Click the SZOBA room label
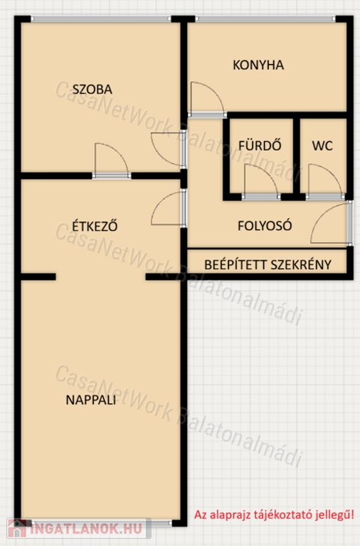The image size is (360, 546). click(x=92, y=90)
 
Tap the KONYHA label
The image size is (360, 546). click(x=258, y=65)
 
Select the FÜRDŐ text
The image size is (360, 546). click(x=260, y=145)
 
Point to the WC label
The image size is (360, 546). click(x=322, y=146)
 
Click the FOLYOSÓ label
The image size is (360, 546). click(x=265, y=225)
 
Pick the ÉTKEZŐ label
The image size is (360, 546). click(x=95, y=225)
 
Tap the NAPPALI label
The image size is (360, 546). click(x=90, y=400)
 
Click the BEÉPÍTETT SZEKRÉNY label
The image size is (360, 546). click(x=268, y=264)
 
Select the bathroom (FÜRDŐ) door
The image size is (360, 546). click(x=261, y=181)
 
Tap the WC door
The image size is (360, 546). click(x=326, y=181)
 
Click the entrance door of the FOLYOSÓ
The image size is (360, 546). click(x=331, y=223)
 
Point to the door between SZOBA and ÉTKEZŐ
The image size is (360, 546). click(x=112, y=160)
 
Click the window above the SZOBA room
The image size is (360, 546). click(x=101, y=18)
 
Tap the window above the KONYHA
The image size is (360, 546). click(x=265, y=18)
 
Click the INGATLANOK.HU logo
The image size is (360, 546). click(x=79, y=528)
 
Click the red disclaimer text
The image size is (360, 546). click(x=274, y=514)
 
